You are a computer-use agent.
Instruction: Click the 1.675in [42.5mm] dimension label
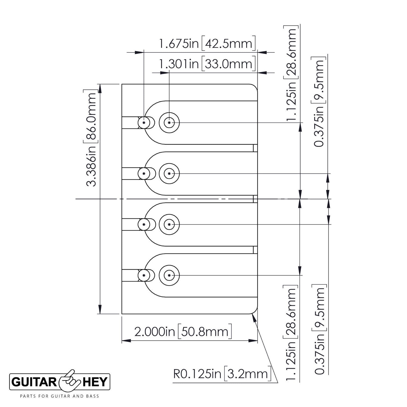tap(207, 44)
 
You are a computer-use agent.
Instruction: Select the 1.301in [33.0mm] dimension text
tap(207, 64)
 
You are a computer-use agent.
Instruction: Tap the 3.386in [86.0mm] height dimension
tap(91, 139)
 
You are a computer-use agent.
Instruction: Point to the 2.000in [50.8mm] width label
tap(183, 332)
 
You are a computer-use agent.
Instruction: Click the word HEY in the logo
tap(96, 382)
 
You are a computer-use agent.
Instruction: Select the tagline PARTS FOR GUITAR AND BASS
tap(60, 396)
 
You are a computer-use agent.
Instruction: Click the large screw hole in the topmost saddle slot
tap(169, 123)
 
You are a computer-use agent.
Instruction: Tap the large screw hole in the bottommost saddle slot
tap(169, 275)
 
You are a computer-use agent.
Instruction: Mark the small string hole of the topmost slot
tap(144, 123)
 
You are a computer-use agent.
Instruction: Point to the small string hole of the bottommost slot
tap(144, 275)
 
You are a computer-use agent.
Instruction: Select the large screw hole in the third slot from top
tap(169, 224)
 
